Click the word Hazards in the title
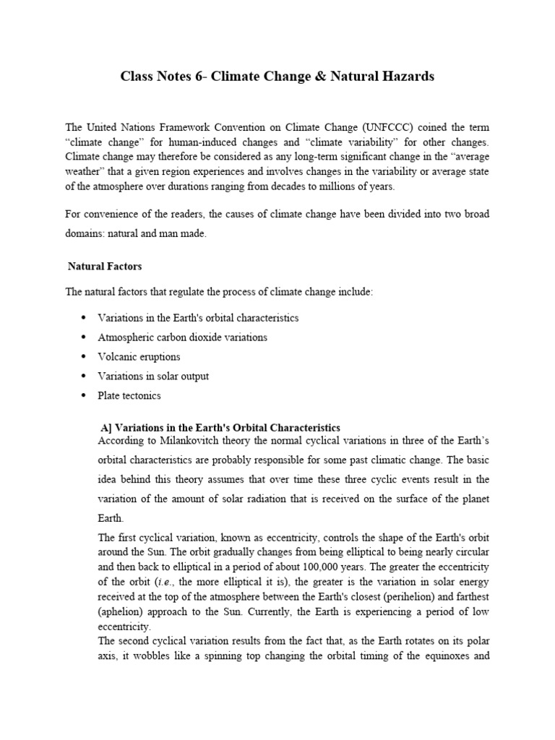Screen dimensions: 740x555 410,76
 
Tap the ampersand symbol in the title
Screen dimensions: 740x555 327,76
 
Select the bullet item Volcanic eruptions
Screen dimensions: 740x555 139,356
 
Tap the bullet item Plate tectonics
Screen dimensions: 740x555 129,395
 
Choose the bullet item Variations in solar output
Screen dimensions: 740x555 153,376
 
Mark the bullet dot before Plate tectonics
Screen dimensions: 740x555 84,395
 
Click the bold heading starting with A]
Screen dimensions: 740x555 220,427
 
